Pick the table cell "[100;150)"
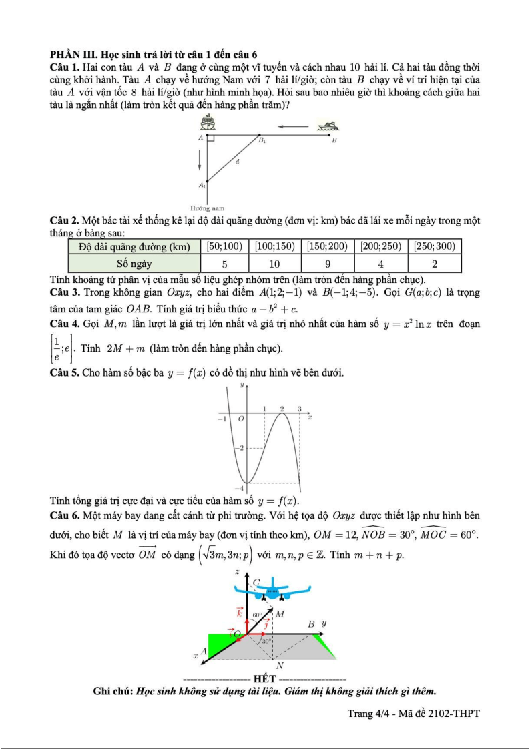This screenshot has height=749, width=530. tap(274, 246)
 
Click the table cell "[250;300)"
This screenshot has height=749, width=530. tap(435, 246)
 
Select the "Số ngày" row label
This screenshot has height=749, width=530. tap(132, 263)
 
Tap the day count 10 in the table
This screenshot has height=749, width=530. tap(274, 263)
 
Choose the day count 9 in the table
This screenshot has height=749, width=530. tap(328, 263)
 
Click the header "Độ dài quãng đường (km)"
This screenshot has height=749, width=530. tap(132, 246)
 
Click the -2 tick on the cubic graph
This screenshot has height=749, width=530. tap(239, 447)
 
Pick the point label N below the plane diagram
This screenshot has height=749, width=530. tap(280, 666)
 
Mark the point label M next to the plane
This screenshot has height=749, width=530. tap(280, 614)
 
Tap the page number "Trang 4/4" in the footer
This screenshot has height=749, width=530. tap(369, 714)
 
